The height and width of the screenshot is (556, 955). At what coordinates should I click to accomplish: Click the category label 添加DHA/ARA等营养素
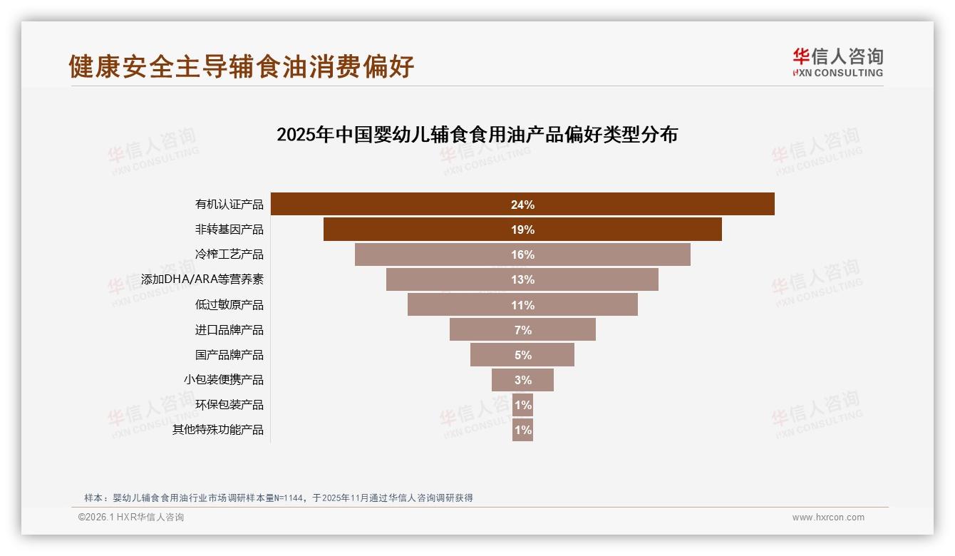[202, 279]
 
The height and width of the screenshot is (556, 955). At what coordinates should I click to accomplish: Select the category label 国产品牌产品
[229, 355]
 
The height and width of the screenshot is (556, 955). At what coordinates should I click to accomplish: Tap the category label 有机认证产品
[229, 205]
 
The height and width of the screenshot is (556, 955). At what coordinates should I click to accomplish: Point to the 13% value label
[522, 280]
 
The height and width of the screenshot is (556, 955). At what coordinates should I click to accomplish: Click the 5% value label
[522, 355]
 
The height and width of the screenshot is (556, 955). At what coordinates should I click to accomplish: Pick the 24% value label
[522, 205]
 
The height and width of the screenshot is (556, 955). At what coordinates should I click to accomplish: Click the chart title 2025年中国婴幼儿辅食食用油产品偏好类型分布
[477, 135]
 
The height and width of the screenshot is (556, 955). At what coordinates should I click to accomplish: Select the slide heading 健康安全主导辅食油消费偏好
[242, 67]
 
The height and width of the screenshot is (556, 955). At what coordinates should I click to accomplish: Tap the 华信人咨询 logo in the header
[837, 62]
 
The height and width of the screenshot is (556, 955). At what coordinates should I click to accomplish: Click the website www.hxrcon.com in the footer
[828, 518]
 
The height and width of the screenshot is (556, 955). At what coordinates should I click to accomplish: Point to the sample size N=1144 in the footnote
[289, 498]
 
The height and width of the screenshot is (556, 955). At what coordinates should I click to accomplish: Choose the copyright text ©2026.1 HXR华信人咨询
[131, 518]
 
